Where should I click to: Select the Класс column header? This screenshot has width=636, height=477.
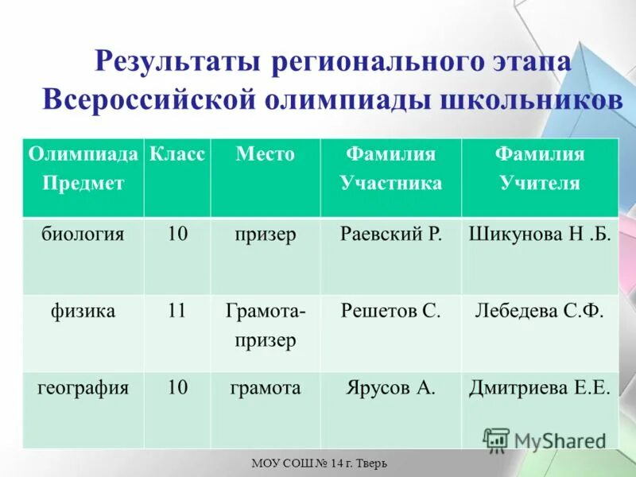coord(177,153)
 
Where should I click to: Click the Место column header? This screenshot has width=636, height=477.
coord(265,153)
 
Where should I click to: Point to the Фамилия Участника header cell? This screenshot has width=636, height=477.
coord(390,168)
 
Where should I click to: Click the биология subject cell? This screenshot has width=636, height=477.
coord(83,235)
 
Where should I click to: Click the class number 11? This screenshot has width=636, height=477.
coord(176,311)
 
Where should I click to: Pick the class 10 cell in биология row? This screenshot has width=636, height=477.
coord(177,235)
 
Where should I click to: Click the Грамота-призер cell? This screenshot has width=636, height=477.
coord(266,325)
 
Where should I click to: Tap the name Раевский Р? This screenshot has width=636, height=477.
coord(390,235)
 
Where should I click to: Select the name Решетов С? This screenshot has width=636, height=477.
coord(390,311)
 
